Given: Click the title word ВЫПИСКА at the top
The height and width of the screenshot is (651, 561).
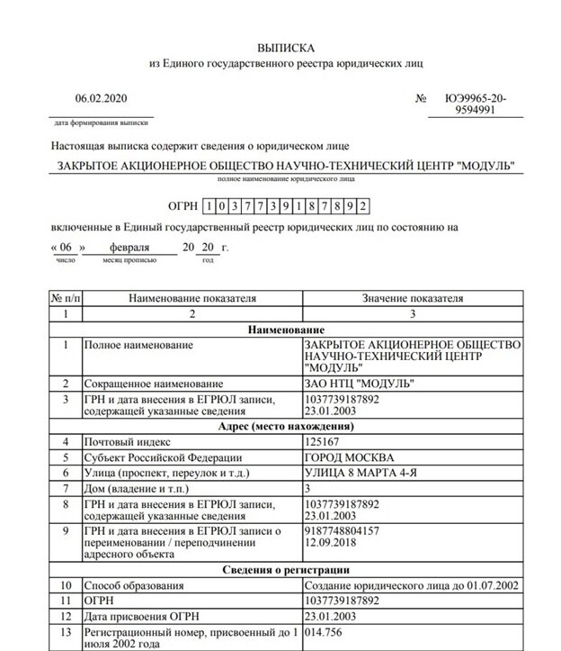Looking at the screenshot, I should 282,46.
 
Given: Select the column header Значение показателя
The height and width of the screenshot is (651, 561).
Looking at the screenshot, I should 412,297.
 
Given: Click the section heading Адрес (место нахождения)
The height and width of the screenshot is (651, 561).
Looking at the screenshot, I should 282,424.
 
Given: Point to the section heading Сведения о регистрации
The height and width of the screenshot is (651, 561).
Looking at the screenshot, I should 282,570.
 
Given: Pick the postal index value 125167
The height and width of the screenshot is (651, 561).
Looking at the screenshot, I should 325,441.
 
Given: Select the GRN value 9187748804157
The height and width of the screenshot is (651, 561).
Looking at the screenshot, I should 344,531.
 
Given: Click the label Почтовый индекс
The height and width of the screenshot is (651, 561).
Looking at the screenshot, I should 127,441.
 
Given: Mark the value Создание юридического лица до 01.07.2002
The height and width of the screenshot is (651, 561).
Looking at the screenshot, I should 410,586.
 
